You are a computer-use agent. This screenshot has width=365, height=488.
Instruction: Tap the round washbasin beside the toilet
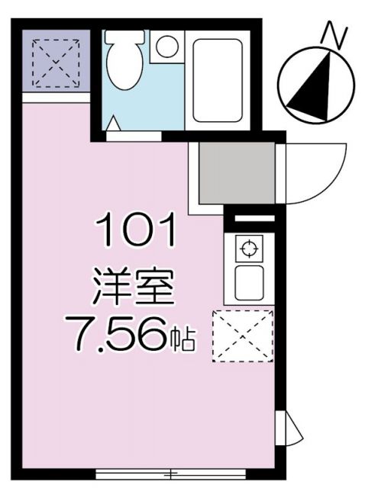163,48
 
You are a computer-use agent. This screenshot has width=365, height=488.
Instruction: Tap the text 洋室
134,287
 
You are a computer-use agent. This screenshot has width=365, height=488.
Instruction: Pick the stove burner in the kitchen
247,249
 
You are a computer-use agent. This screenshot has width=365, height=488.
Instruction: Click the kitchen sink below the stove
248,283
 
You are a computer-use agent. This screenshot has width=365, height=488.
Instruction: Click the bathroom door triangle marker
115,124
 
